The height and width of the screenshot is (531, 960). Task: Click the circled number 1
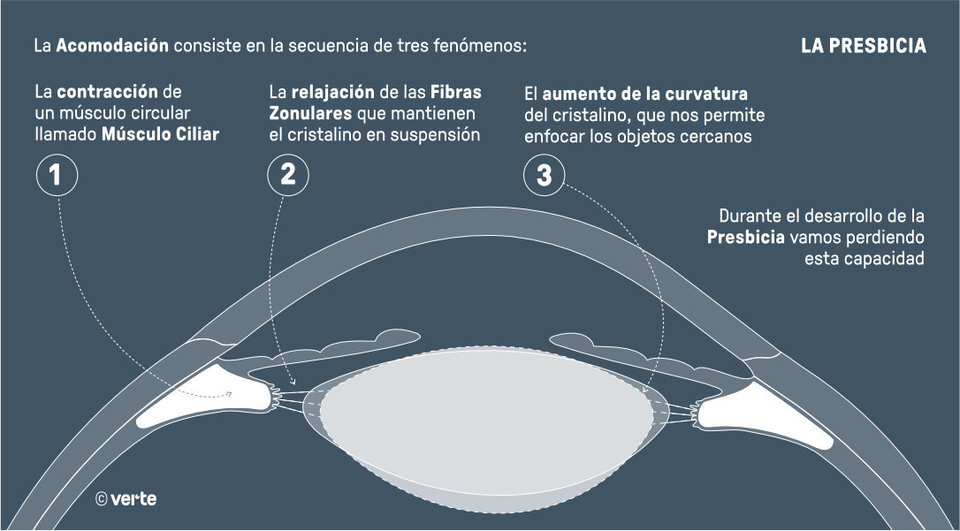[x=57, y=175]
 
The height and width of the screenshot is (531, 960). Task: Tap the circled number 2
[x=287, y=175]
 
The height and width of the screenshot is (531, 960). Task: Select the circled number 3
[x=544, y=175]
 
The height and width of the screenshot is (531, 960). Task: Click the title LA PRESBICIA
[x=864, y=46]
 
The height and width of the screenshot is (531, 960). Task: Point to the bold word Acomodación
[x=112, y=45]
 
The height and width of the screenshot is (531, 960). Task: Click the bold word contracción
[x=108, y=92]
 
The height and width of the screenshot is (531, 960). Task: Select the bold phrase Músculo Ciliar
[x=159, y=134]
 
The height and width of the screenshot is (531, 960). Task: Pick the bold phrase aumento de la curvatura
[x=645, y=94]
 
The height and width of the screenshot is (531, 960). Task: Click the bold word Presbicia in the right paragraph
[x=746, y=239]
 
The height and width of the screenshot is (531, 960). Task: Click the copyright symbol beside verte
[x=102, y=499]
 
